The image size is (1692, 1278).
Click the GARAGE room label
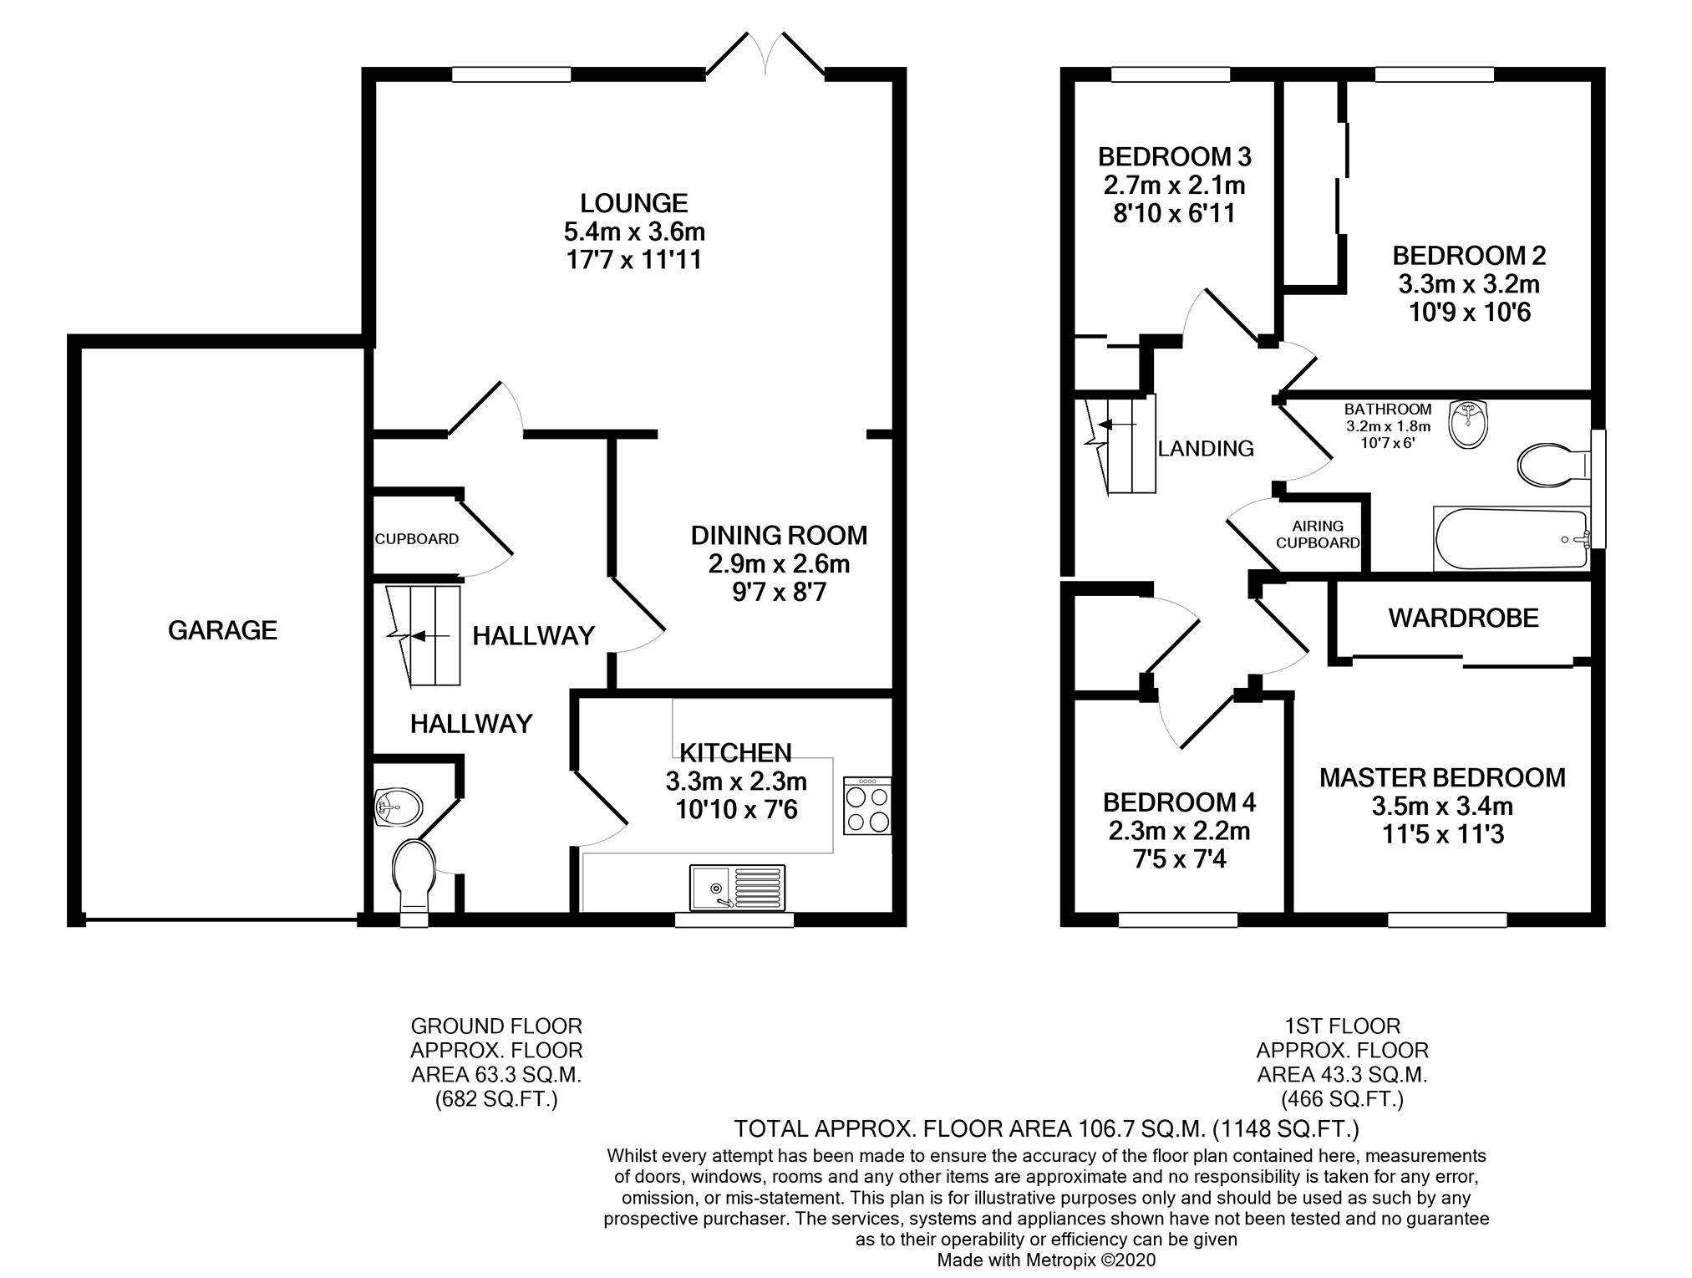[x=222, y=630]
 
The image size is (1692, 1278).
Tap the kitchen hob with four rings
[x=867, y=806]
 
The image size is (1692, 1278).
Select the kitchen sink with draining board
[x=737, y=887]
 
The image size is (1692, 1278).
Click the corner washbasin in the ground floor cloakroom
[x=398, y=807]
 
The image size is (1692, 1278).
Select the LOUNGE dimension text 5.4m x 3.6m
[x=634, y=232]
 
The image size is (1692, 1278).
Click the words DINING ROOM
[x=779, y=535]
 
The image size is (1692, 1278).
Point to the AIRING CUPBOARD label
[x=1318, y=534]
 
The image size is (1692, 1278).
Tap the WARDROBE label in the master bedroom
[x=1463, y=619]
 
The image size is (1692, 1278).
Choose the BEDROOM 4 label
[x=1179, y=803]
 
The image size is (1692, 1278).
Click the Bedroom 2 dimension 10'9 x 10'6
[x=1469, y=313]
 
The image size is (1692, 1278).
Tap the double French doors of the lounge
[x=765, y=55]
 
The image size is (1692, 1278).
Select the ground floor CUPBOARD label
[x=416, y=539]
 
